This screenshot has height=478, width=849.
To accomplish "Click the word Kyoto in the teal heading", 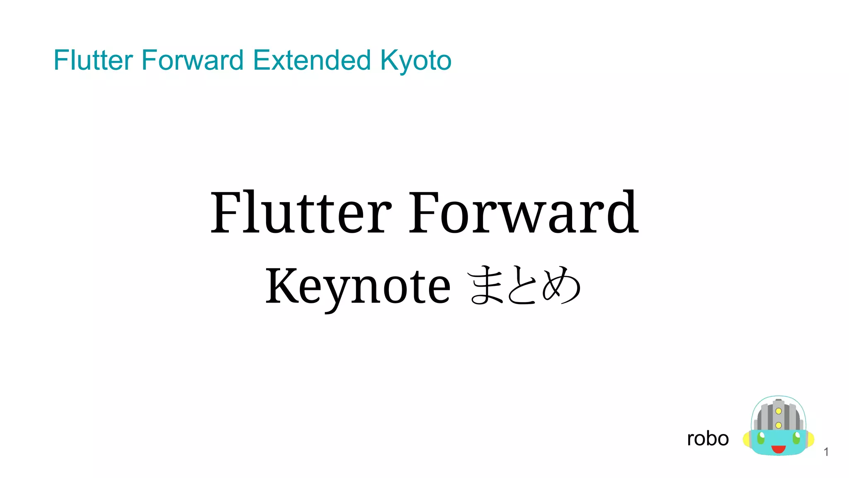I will (415, 61).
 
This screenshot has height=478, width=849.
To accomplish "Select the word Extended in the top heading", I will (311, 61).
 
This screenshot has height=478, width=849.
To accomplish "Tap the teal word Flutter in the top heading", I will (93, 61).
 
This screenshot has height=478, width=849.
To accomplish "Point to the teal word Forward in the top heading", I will (192, 61).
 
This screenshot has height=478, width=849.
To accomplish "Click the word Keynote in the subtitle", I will (357, 286).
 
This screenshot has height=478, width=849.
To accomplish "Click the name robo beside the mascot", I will (708, 439).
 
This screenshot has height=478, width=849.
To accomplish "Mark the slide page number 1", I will (826, 452).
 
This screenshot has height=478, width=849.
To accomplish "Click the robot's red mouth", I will (778, 449).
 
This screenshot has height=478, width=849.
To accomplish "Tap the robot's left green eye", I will (761, 437).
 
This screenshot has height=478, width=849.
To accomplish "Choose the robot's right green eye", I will (796, 437).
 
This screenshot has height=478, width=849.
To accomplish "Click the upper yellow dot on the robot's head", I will (779, 411).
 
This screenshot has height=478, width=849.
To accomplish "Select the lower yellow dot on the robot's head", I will (779, 425).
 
